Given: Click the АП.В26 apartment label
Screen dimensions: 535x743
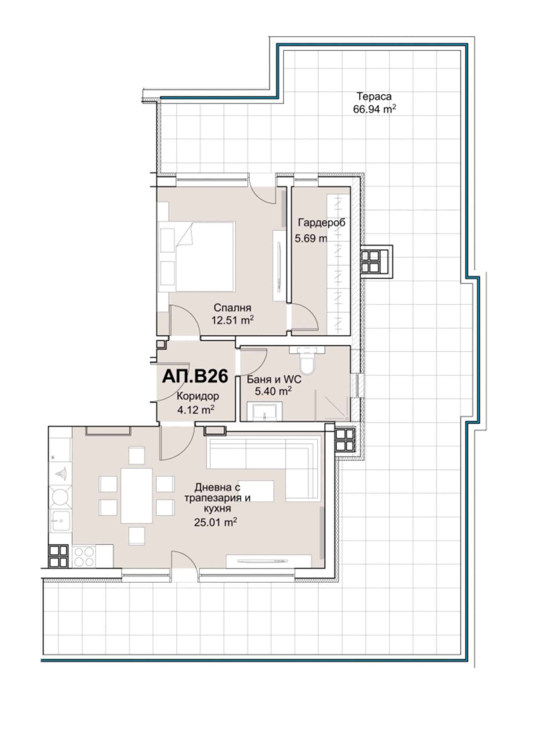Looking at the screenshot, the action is [195, 376].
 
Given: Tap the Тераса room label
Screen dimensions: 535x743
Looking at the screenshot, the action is [374, 96].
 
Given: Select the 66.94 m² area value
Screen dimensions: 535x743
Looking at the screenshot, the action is [374, 109].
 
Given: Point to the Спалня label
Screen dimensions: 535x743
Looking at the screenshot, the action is [232, 308].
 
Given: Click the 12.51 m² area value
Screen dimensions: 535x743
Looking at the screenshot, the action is [232, 320].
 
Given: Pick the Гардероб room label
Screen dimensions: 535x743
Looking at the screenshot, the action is [322, 223].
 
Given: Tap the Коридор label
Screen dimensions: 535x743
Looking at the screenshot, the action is [198, 396].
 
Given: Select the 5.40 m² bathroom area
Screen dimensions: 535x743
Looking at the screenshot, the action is [273, 391].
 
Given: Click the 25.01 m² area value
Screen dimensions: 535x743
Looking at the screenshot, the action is [216, 522].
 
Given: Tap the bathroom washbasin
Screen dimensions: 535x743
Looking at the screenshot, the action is [265, 411].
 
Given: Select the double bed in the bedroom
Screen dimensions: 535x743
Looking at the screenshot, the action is [197, 257].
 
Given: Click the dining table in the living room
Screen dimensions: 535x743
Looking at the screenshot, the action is [137, 496].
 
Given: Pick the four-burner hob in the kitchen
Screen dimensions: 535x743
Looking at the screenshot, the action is [83, 557].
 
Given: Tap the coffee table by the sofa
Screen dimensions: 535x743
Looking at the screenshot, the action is [256, 491].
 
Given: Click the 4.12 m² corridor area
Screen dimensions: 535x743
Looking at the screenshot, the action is [196, 410].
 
